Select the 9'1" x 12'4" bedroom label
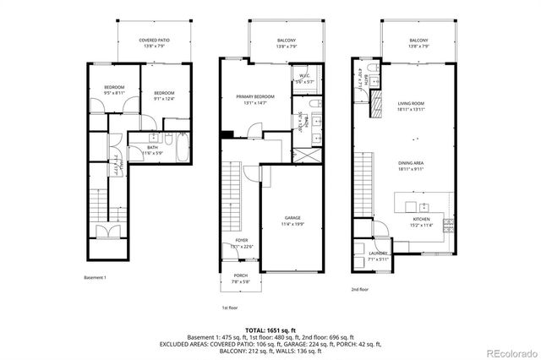pyautogui.click(x=164, y=95)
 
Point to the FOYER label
pyautogui.click(x=242, y=243)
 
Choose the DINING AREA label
pyautogui.click(x=411, y=165)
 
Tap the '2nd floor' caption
pyautogui.click(x=361, y=289)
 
